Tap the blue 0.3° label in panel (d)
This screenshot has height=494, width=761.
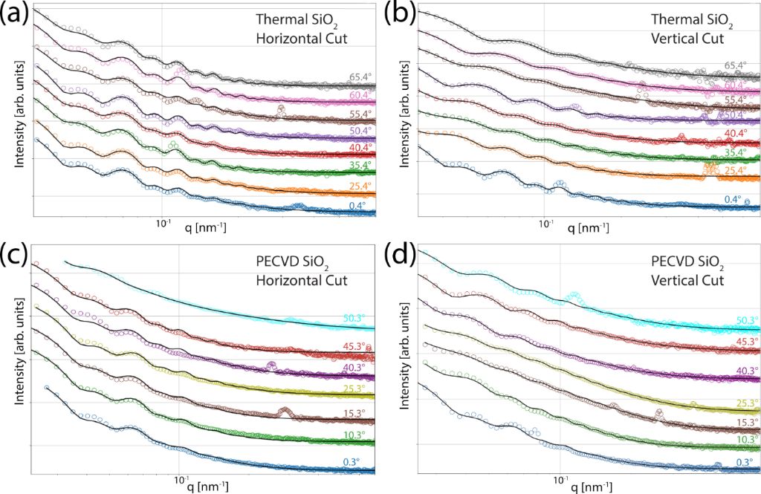pos(746,462)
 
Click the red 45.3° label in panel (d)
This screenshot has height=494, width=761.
pos(745,342)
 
